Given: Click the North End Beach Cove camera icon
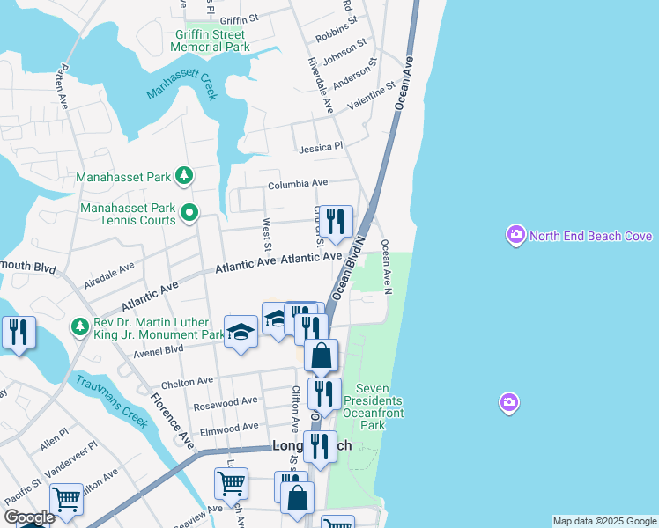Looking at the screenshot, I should click(515, 236).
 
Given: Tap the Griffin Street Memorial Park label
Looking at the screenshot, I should click(211, 40).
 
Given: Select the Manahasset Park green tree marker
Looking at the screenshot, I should click(184, 177).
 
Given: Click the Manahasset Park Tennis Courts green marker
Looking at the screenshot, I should click(189, 212).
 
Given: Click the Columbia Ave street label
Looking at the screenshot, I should click(298, 183).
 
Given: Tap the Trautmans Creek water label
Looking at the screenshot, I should click(111, 399).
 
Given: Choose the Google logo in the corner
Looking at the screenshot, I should click(28, 517).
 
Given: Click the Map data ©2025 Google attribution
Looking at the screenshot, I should click(604, 521).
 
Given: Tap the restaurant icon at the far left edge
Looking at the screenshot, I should click(19, 333).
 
